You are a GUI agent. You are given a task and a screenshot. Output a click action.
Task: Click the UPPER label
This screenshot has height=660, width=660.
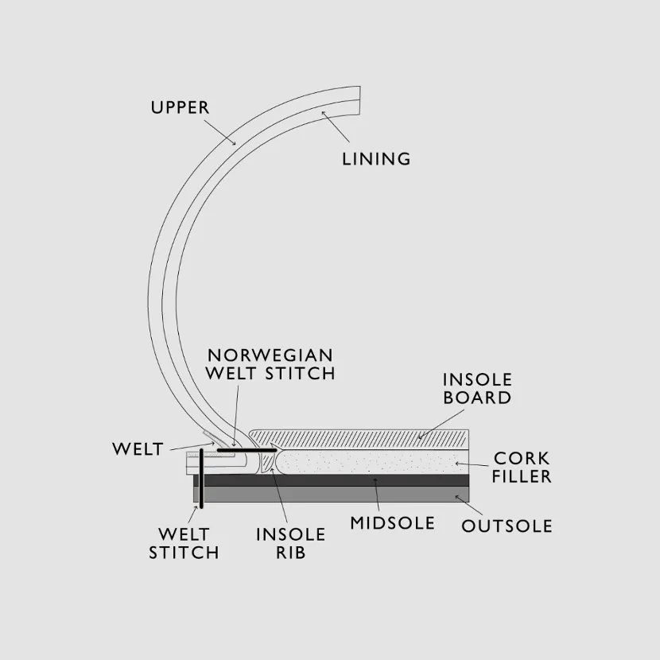(x=181, y=107)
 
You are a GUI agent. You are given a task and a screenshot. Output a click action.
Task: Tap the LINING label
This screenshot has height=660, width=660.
(x=376, y=158)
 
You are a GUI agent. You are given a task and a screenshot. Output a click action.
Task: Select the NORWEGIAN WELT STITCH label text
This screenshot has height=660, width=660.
(x=270, y=363)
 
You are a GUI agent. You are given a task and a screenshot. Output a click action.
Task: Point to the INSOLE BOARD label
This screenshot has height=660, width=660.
(x=477, y=389)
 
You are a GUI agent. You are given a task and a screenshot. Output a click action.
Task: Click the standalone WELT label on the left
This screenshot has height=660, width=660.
(x=138, y=449)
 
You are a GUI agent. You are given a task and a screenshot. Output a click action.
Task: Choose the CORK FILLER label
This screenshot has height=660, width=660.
(x=522, y=468)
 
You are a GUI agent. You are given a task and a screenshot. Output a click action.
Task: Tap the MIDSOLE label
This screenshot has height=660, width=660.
(x=393, y=522)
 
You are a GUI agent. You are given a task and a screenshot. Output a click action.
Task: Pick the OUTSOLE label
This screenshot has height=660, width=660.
(x=507, y=526)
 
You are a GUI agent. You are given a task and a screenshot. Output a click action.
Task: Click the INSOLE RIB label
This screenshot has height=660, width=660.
(x=290, y=543)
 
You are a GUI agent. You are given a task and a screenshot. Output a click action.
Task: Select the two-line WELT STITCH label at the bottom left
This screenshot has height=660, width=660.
(x=184, y=543)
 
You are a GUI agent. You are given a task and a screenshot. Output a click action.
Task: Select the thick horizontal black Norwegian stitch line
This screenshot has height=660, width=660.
(x=246, y=451)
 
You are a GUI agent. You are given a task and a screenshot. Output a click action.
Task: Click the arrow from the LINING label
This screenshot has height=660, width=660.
(x=334, y=127)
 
